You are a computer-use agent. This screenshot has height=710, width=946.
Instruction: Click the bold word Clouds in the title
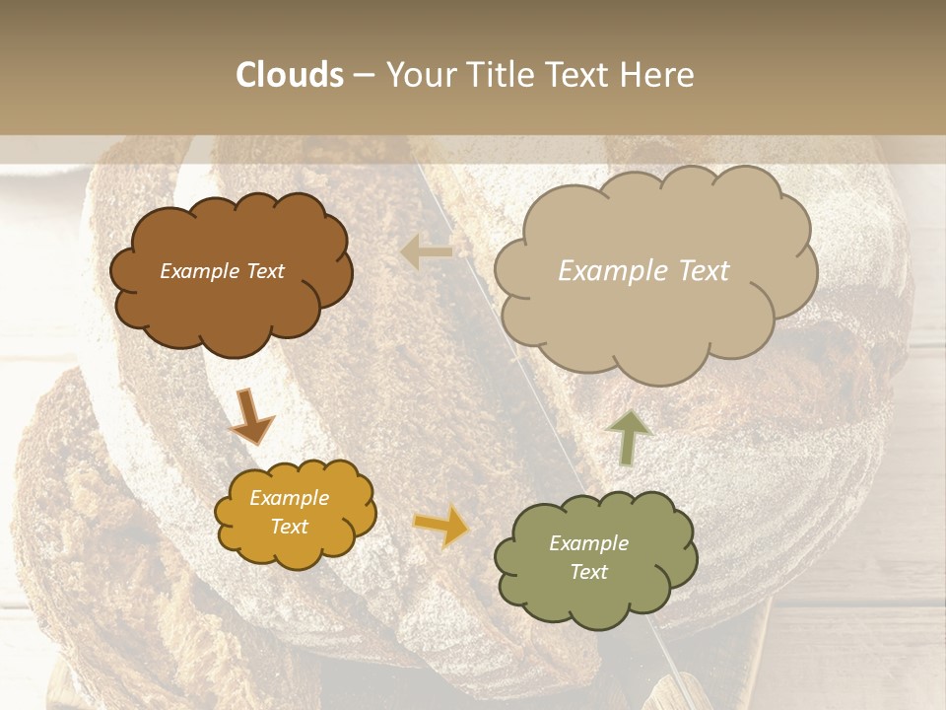pos(290,75)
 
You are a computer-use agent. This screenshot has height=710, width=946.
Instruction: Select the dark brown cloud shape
pos(230,296)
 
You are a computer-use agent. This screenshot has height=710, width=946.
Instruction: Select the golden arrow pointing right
pos(441,527)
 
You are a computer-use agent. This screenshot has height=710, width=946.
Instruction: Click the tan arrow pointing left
pos(426,252)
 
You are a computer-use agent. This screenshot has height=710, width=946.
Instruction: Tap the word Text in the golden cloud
pos(290,527)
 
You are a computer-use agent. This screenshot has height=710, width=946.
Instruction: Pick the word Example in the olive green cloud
pos(588,543)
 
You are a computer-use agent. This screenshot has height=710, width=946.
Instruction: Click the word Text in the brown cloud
pos(264,271)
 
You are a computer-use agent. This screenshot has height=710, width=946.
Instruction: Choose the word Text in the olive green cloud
pos(588,572)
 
